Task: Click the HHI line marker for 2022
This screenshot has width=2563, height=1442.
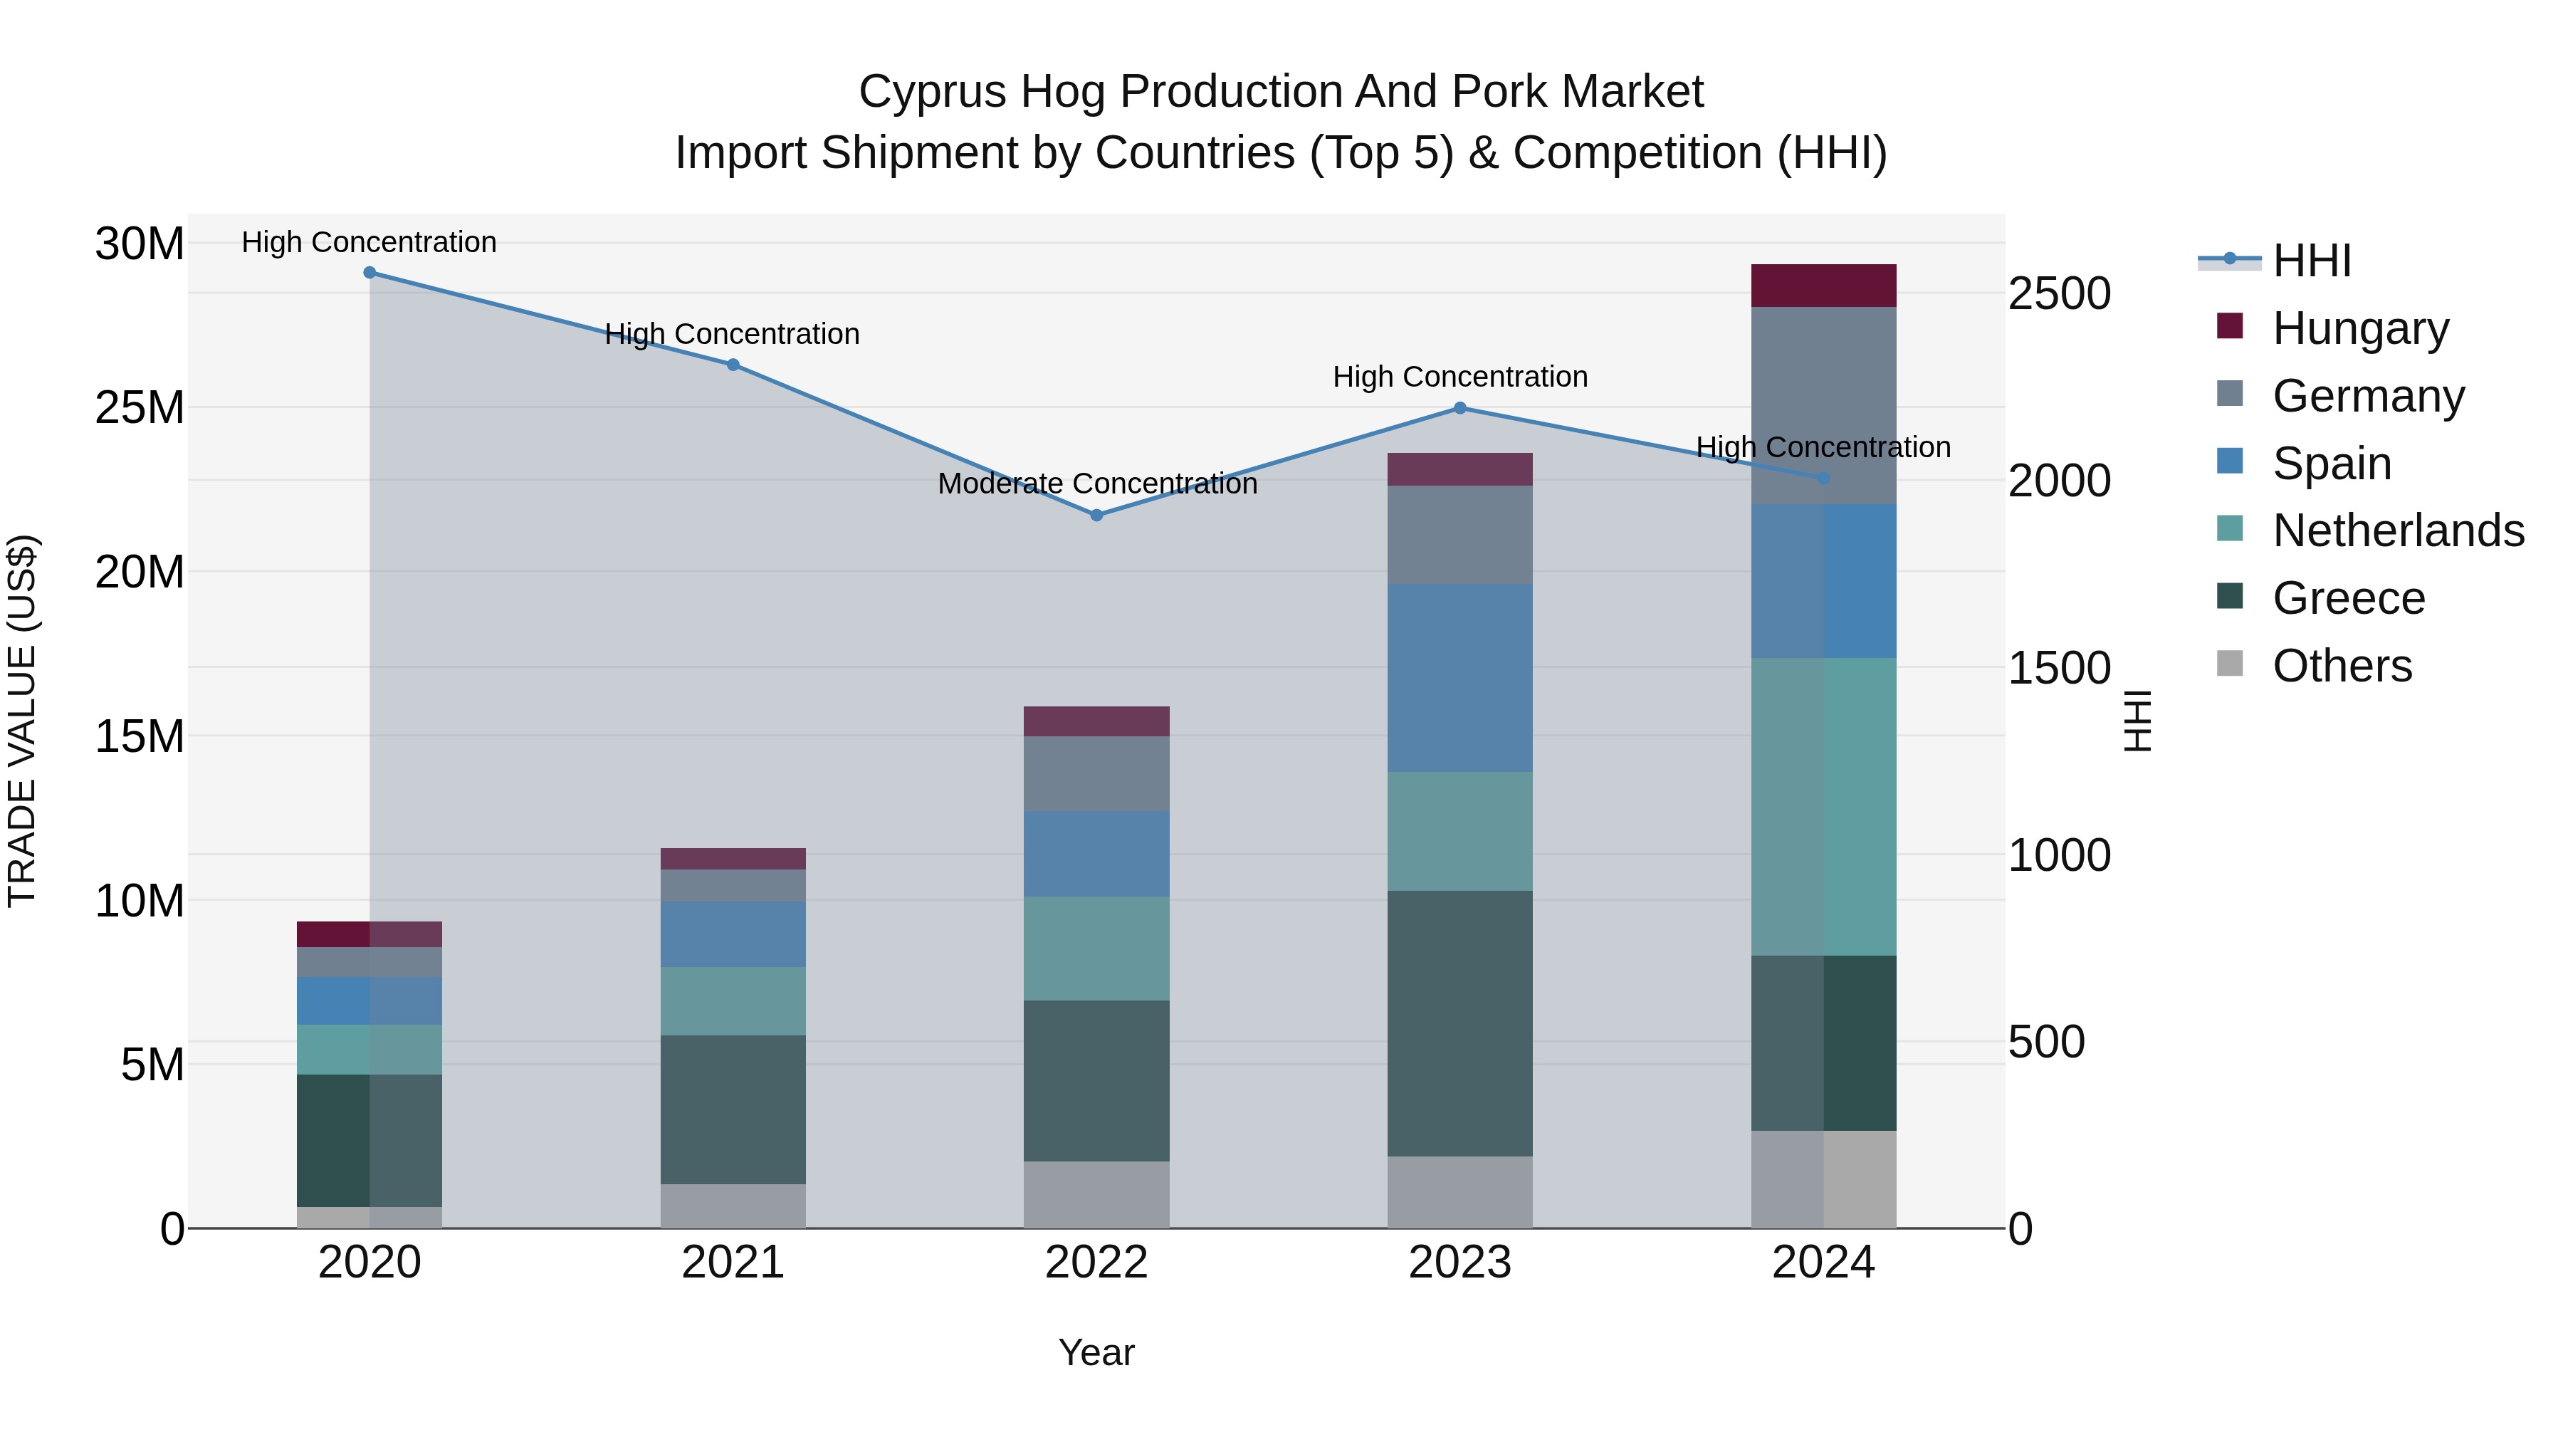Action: [x=1096, y=516]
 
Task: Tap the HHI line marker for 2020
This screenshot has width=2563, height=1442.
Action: [x=369, y=273]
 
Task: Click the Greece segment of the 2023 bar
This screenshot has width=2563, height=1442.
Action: [x=1459, y=1023]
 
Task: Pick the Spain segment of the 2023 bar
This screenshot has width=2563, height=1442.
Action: [x=1459, y=678]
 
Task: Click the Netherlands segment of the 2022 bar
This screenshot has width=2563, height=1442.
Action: [x=1096, y=949]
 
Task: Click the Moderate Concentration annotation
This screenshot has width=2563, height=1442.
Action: [x=1096, y=484]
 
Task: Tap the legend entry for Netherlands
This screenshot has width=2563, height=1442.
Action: [x=2398, y=531]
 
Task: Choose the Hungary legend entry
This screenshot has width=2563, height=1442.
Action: [x=2360, y=328]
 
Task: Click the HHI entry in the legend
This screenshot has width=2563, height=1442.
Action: [x=2311, y=261]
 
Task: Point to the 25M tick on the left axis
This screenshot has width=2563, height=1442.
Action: [x=140, y=408]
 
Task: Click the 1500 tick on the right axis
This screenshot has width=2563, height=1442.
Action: [x=2058, y=668]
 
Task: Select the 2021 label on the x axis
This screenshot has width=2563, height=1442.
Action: [x=733, y=1263]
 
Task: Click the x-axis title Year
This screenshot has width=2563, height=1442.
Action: [x=1096, y=1352]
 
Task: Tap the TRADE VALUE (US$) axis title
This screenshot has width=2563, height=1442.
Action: [x=22, y=721]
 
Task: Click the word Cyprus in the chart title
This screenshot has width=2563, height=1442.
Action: [x=921, y=92]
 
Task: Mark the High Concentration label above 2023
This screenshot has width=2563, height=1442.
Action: [x=1459, y=377]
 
